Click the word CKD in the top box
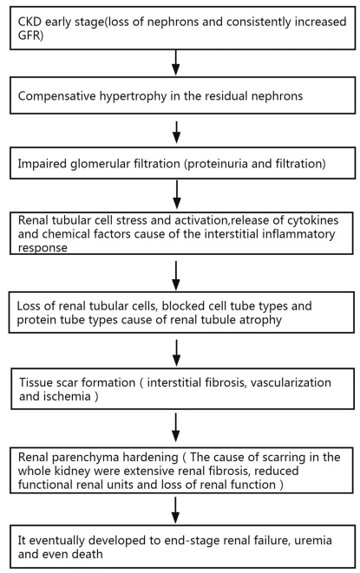point(29,22)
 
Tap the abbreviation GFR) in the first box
point(30,36)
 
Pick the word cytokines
point(312,220)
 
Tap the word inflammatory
point(298,234)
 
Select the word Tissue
point(36,382)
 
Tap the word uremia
point(313,540)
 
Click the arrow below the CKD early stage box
point(176,62)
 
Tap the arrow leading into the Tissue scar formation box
point(176,353)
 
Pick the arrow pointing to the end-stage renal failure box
point(175,510)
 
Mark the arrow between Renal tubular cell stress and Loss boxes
point(176,276)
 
